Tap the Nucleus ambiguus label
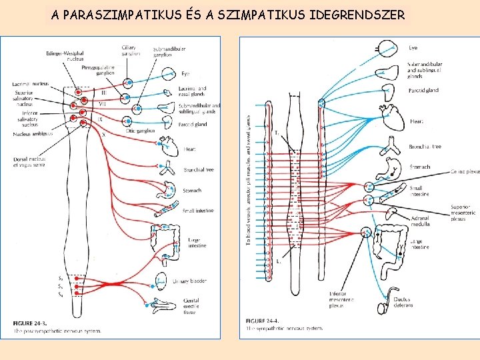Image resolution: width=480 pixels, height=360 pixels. pos(32,134)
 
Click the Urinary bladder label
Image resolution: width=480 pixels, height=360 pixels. pos(189,281)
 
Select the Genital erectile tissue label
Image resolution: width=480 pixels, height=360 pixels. pos(191,305)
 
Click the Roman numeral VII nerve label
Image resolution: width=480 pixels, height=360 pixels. pos(103,104)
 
